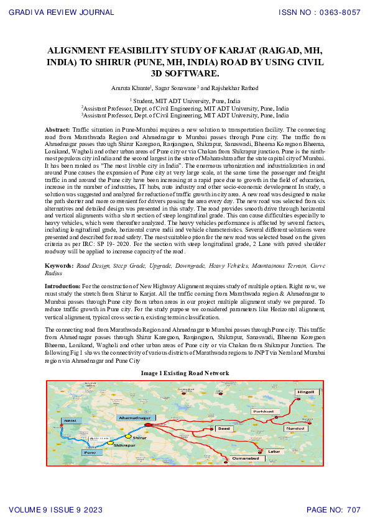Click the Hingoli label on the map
pos(307,393)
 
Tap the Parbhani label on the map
pos(262,411)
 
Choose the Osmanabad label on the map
pos(246,458)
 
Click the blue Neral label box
pos(70,421)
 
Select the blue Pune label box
pos(91,453)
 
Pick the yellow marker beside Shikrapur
pos(110,443)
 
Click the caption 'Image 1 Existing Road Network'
pos(185,373)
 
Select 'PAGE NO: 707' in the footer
pos(333,510)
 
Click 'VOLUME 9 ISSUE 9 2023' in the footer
pos(56,510)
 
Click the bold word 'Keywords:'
pos(59,265)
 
